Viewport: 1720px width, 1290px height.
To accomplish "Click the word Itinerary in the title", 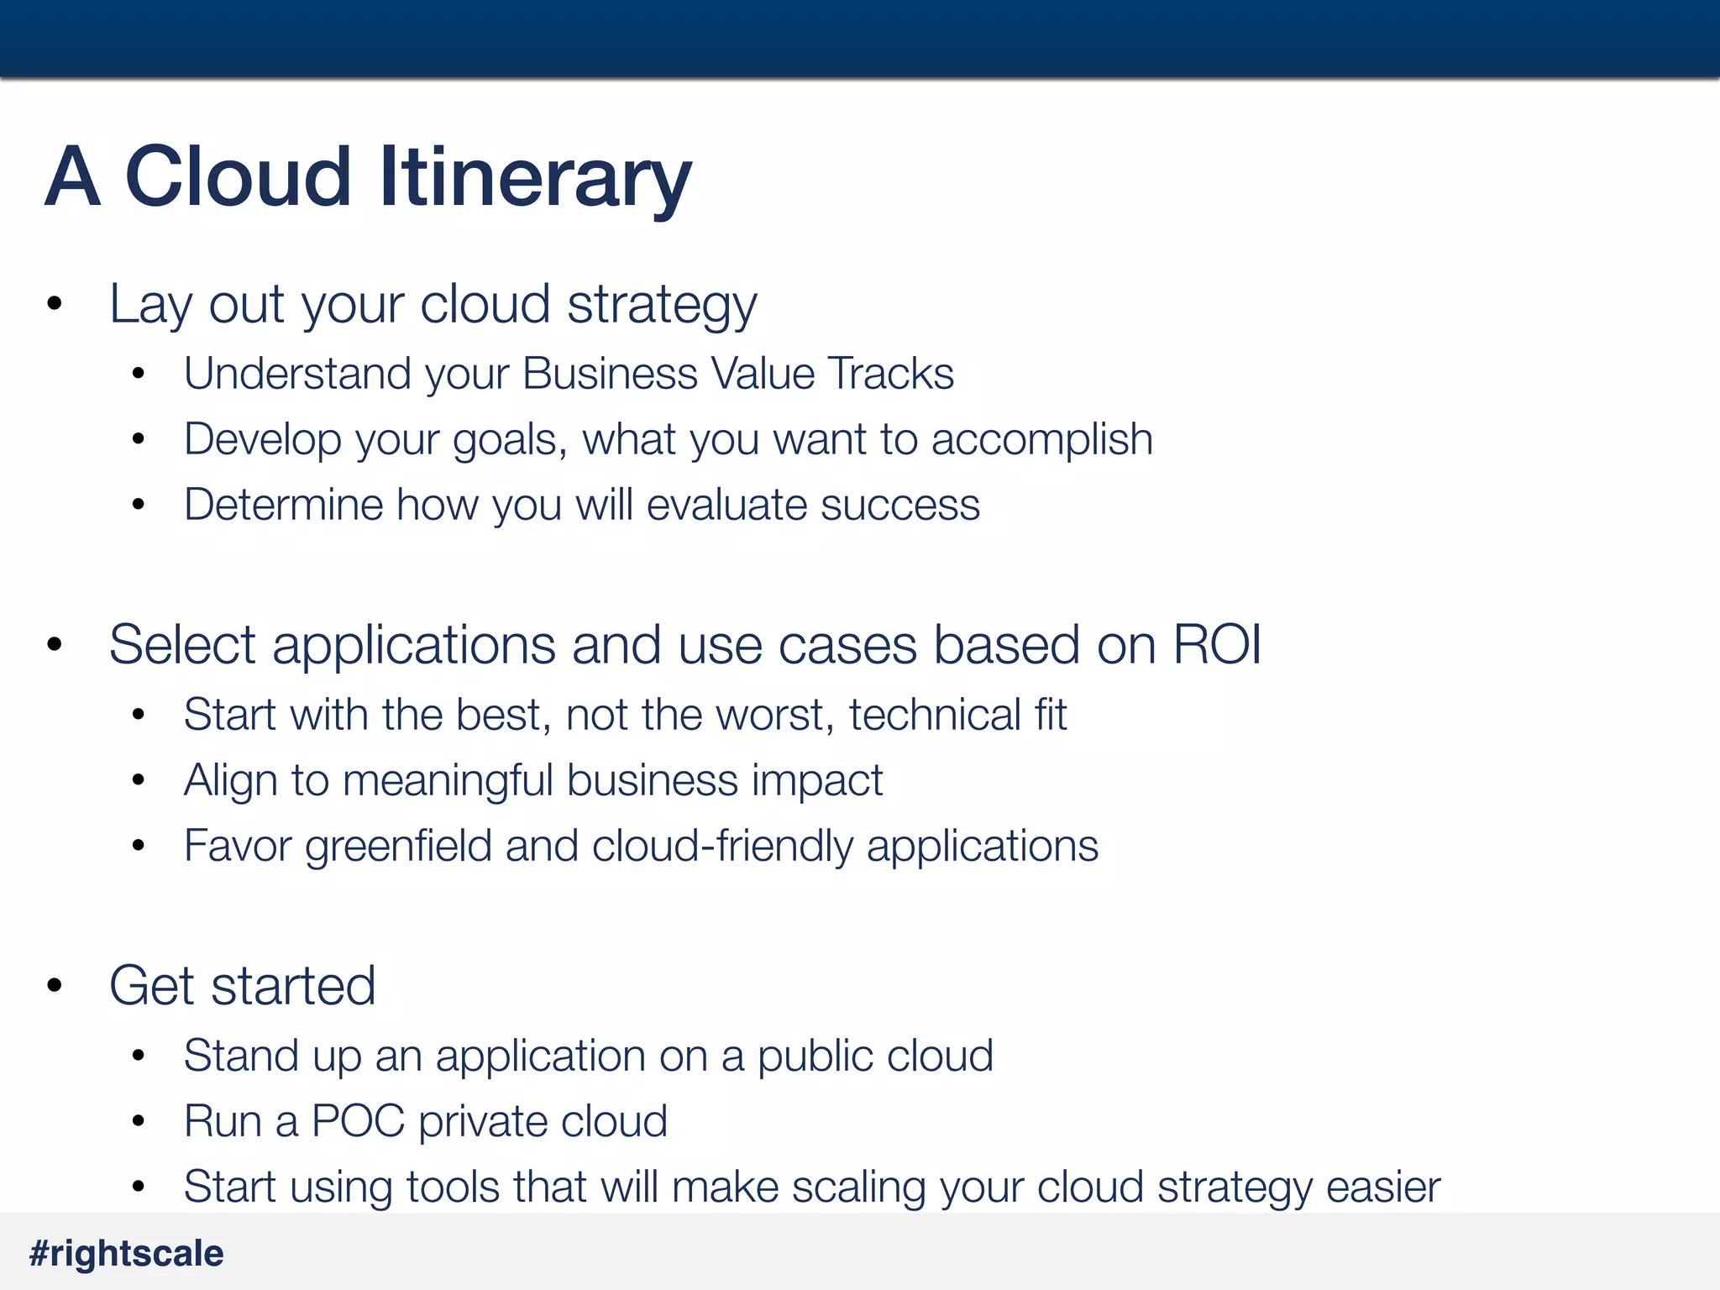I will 535,178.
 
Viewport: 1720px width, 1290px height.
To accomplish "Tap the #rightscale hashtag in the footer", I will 127,1254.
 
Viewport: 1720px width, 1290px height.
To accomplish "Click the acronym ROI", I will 1216,645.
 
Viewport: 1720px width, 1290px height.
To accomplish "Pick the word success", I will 899,505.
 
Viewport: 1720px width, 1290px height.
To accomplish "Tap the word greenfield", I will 398,847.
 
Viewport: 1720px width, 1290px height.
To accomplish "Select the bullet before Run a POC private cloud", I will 139,1122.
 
